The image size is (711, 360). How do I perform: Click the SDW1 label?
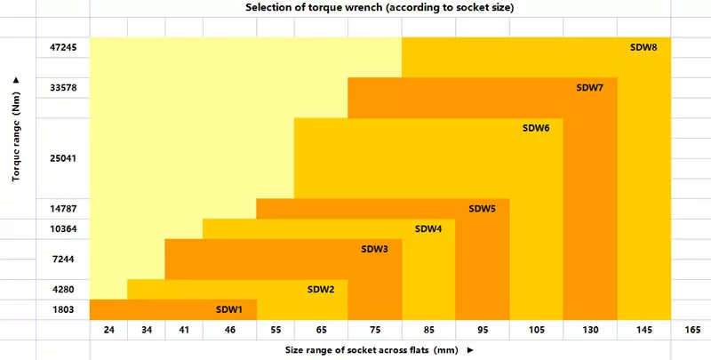point(229,309)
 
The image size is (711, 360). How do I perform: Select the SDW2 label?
point(321,289)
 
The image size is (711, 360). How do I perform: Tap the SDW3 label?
point(374,249)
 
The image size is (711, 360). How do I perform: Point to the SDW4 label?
point(428,228)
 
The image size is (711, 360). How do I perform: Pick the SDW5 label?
point(482,209)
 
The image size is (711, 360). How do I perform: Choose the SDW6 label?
point(536,128)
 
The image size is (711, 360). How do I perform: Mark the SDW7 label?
point(590,87)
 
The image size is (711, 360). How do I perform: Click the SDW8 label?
point(643,47)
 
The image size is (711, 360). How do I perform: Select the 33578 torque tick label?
point(64,87)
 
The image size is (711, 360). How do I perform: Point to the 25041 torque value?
point(64,158)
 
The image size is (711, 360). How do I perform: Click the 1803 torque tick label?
point(64,309)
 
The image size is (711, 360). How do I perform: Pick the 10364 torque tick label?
point(64,228)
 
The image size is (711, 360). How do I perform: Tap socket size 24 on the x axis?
point(108,330)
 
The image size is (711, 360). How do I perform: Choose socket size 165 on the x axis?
point(691,330)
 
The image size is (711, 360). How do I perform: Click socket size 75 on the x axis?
point(374,330)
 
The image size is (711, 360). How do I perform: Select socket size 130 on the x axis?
point(590,330)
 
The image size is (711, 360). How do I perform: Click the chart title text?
point(380,8)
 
